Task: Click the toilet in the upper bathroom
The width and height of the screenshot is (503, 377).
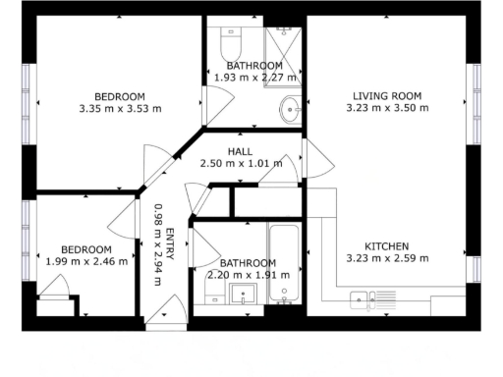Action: point(232,44)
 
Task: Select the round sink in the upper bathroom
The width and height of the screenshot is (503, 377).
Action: point(291,108)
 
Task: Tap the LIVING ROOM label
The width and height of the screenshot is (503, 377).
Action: point(387,95)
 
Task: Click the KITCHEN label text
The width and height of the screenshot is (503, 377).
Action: point(387,245)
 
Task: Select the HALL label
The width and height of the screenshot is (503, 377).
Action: point(240,151)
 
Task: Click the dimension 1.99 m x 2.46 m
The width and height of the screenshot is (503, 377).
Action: point(86,261)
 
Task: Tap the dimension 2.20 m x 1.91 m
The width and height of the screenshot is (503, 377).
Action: point(248,275)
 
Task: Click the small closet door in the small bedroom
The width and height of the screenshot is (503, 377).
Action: point(56,288)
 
